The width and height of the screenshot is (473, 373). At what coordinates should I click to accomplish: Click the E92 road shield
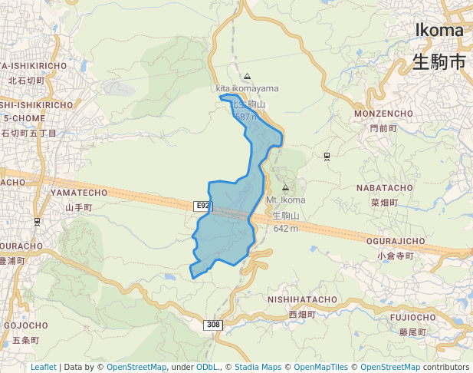click(202, 206)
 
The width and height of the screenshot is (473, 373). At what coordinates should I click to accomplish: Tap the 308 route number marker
click(214, 325)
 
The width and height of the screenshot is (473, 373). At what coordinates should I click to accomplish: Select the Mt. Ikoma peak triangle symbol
click(285, 188)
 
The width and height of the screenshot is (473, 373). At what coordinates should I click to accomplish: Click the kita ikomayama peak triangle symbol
click(247, 77)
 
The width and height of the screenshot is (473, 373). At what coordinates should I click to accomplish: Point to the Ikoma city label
click(439, 31)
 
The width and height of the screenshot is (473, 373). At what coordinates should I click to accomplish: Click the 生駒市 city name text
click(439, 61)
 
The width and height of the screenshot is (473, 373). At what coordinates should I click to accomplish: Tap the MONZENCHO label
click(384, 114)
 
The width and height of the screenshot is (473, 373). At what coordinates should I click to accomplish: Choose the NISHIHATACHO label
click(302, 299)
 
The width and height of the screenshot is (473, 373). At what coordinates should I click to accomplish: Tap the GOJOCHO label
click(26, 325)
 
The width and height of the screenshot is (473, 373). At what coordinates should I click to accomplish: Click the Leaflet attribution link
click(44, 367)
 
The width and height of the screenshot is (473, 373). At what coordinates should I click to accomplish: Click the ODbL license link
click(207, 367)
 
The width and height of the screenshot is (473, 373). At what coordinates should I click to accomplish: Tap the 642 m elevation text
click(285, 229)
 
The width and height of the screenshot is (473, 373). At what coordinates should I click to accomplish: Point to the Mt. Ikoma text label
click(285, 200)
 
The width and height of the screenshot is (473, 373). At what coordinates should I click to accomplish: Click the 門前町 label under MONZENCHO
click(383, 128)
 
